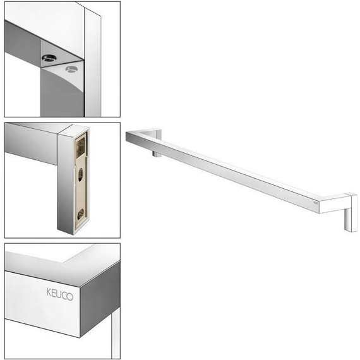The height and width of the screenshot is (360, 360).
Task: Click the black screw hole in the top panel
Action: pyautogui.click(x=49, y=58)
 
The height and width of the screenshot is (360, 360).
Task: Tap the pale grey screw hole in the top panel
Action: pyautogui.click(x=71, y=69)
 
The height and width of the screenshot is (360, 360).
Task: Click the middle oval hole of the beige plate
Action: pyautogui.click(x=81, y=175)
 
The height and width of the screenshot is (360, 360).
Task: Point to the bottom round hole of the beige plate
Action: pyautogui.click(x=80, y=214)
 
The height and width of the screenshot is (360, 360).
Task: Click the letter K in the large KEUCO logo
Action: pyautogui.click(x=49, y=292)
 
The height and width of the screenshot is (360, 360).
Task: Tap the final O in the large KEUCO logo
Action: pyautogui.click(x=69, y=296)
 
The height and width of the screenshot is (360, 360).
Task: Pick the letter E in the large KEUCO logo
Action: pyautogui.click(x=53, y=293)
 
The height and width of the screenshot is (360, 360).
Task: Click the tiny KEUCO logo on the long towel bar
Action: pyautogui.click(x=315, y=203)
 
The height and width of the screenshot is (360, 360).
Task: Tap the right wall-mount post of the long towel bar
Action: pyautogui.click(x=351, y=212)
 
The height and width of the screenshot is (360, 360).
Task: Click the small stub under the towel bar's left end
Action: pyautogui.click(x=157, y=153)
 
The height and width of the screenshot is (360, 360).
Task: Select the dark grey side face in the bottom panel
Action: pyautogui.click(x=100, y=299)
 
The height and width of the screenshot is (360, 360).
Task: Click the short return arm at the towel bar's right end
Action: pyautogui.click(x=333, y=203)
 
